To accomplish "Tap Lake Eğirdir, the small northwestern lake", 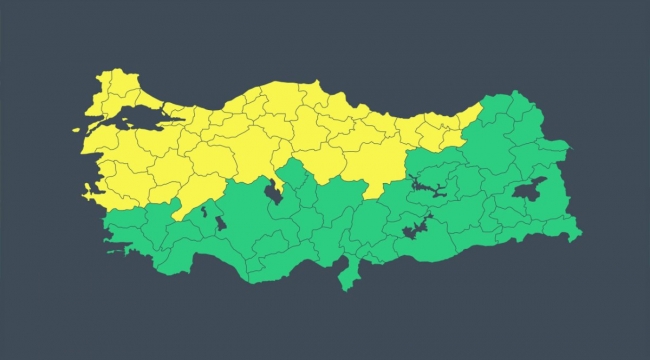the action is coord(204,210).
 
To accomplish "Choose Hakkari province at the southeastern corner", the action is coord(566,229).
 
